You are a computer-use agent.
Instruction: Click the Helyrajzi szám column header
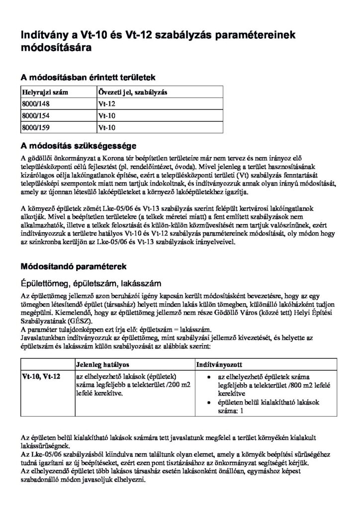[x=45, y=92]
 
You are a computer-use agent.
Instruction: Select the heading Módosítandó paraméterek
[x=73, y=266]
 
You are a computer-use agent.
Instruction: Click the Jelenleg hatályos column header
[x=102, y=364]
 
